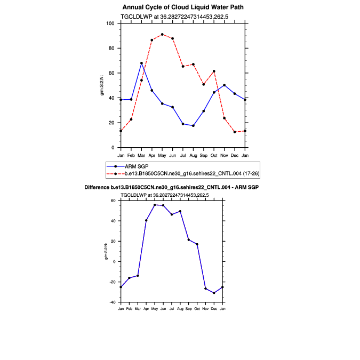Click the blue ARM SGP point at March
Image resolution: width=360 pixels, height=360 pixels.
click(141, 63)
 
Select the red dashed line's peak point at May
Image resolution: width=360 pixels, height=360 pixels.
click(162, 35)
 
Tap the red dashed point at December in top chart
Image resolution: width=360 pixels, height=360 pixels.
click(235, 132)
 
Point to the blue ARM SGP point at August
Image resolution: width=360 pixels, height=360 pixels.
click(193, 126)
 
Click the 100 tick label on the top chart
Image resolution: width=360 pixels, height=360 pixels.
click(110, 23)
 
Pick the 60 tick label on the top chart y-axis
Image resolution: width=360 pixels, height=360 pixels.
click(112, 73)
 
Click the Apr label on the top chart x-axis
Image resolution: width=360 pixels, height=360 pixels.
click(151, 155)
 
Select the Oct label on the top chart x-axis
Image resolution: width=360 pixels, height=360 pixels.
click(214, 155)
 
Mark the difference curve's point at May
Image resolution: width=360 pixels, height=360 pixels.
click(155, 205)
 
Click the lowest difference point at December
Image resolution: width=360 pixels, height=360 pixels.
click(214, 293)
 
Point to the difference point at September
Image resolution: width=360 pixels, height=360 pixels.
click(188, 239)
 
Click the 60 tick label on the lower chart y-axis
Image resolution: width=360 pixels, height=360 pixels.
click(113, 201)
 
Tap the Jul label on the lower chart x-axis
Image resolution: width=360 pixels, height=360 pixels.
click(172, 309)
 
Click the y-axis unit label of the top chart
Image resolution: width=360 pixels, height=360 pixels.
click(103, 85)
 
